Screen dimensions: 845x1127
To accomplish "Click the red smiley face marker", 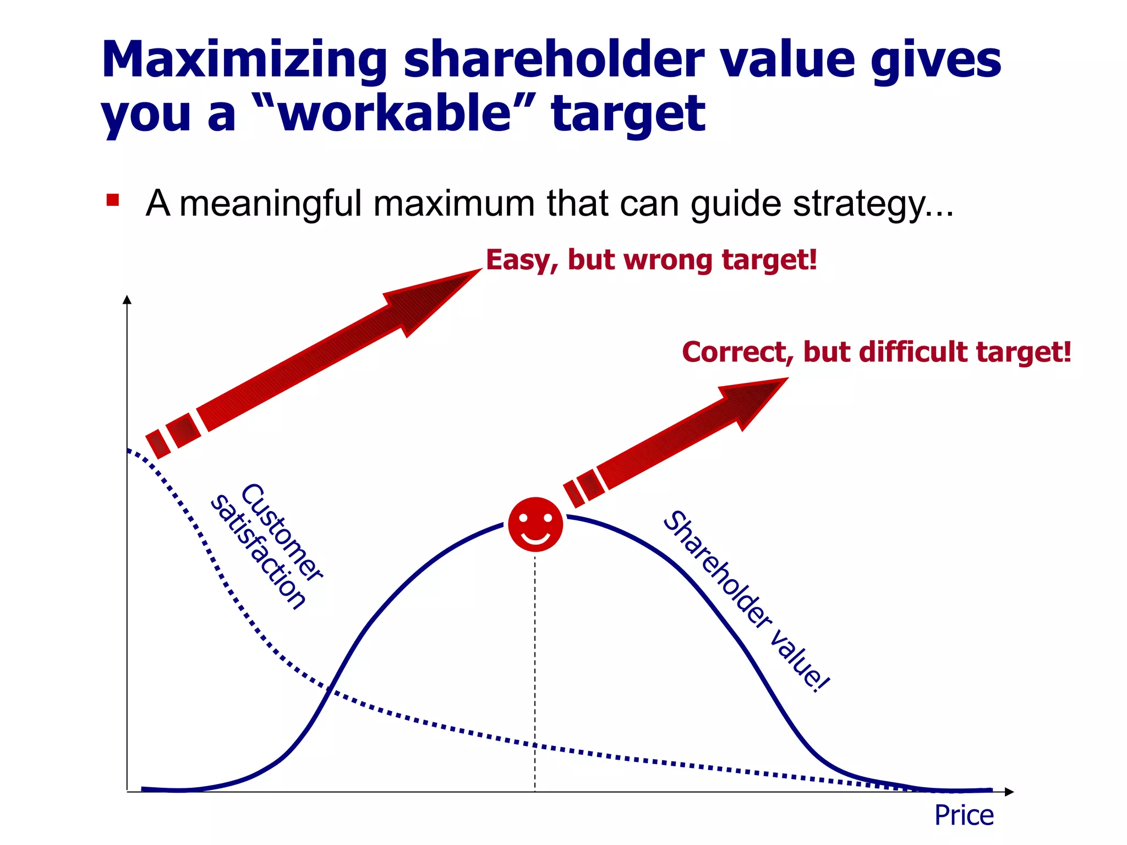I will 535,524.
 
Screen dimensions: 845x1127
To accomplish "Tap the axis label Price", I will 964,815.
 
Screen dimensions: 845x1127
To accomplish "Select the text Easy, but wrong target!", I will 651,260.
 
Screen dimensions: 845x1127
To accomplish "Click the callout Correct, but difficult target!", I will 876,352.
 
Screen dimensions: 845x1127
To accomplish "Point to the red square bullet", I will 113,200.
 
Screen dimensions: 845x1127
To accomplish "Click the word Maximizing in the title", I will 244,61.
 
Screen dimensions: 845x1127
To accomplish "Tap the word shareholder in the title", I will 554,61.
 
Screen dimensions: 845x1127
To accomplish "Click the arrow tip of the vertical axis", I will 127,300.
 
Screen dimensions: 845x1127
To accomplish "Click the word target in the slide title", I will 628,113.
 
